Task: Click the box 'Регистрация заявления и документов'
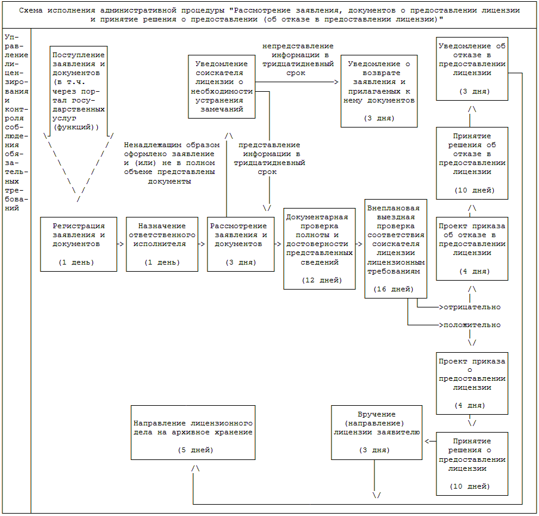point(79,244)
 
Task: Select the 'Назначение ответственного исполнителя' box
point(162,244)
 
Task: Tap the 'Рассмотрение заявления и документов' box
point(241,244)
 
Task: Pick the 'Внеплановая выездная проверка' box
point(396,248)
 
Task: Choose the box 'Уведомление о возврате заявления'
point(379,91)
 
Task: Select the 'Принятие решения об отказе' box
point(472,162)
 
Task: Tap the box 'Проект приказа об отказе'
point(472,248)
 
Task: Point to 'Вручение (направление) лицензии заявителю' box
point(377,432)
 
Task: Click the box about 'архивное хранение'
point(193,432)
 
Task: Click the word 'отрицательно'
point(471,307)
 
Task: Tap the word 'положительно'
point(471,325)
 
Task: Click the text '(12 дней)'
point(321,280)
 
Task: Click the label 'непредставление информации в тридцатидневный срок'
point(298,59)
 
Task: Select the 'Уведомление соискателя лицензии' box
point(222,86)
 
